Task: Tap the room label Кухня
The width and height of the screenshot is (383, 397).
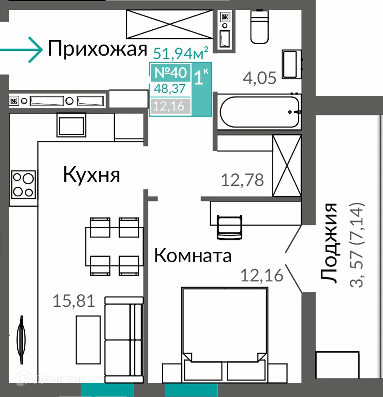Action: click(91, 175)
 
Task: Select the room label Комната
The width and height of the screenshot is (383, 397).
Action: click(193, 255)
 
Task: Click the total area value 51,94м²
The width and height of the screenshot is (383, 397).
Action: click(181, 53)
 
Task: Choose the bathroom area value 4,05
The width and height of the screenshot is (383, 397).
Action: click(260, 78)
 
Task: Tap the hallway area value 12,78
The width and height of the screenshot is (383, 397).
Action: click(243, 180)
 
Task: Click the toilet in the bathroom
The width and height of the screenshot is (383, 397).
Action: click(259, 27)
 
